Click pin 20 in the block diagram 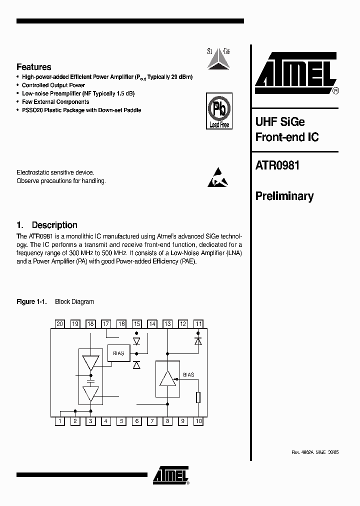59,324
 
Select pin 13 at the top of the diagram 167,324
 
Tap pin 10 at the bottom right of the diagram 198,421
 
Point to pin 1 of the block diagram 60,421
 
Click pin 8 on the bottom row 167,421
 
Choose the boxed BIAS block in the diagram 118,353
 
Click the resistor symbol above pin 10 198,397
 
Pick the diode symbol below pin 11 198,341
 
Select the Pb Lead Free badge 218,110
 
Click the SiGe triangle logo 218,58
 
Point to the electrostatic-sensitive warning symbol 218,177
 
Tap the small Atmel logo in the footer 171,476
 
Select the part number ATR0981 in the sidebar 277,165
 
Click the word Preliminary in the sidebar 284,196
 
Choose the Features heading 34,67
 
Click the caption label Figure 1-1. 31,301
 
